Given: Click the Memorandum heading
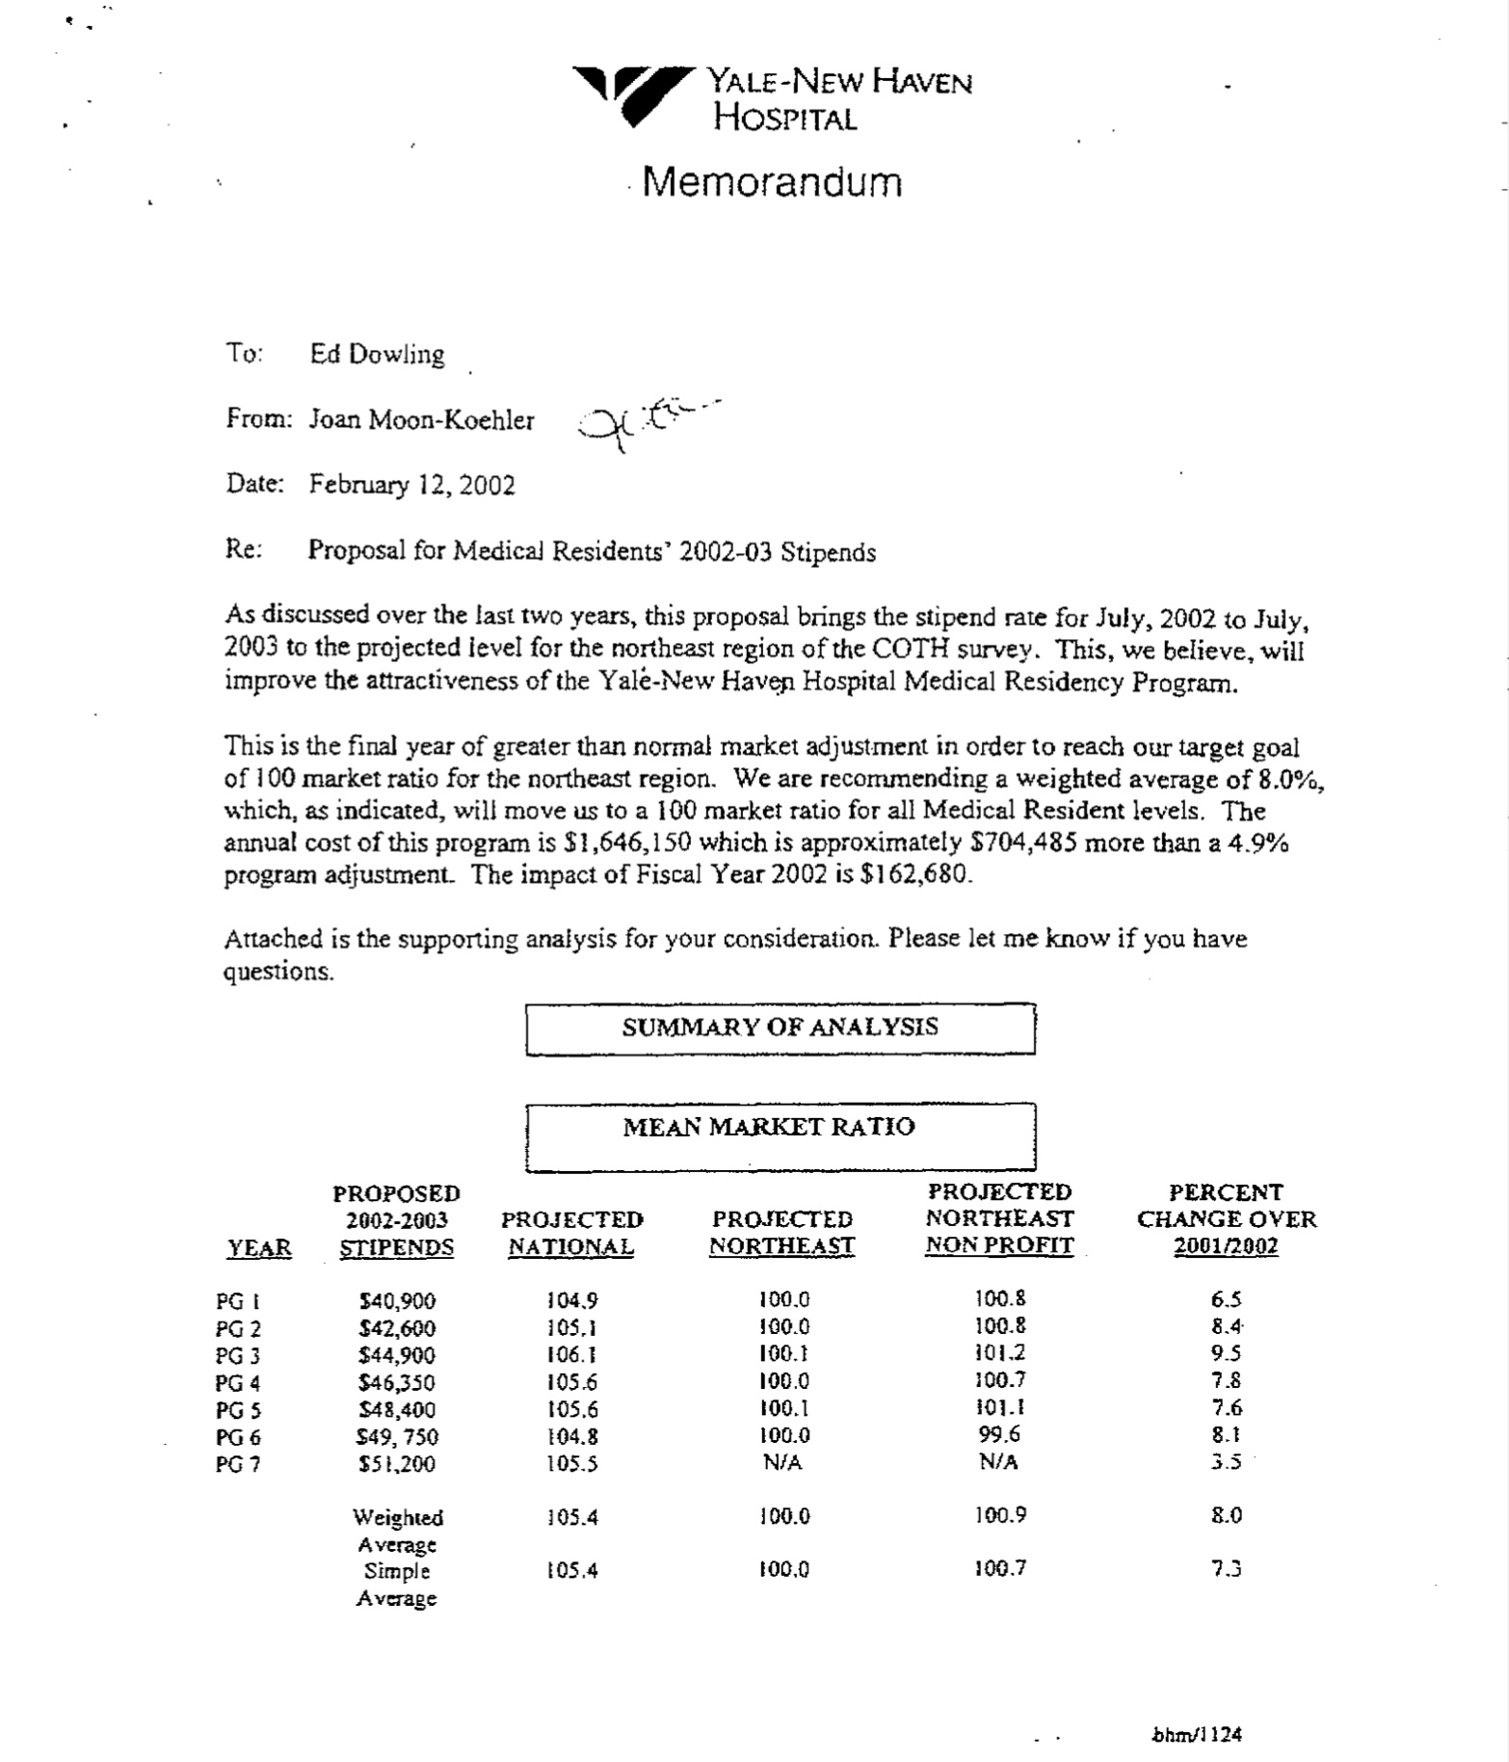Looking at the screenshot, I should point(772,182).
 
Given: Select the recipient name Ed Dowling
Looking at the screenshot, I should point(377,355).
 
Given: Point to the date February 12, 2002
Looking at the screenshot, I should point(411,484).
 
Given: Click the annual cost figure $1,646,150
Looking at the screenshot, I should point(627,843).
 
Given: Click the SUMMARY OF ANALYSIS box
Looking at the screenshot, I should point(780,1028).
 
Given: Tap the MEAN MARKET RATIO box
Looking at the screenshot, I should point(780,1135).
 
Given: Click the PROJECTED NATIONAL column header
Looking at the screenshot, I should point(571,1233).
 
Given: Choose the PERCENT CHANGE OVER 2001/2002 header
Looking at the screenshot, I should point(1226,1219).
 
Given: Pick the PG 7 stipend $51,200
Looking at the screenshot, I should point(396,1464).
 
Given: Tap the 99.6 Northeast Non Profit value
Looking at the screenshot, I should point(999,1434).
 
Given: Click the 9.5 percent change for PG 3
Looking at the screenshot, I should point(1226,1352).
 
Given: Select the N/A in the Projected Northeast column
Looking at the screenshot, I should point(782,1462).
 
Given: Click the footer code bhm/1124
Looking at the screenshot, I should point(1197,1735).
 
